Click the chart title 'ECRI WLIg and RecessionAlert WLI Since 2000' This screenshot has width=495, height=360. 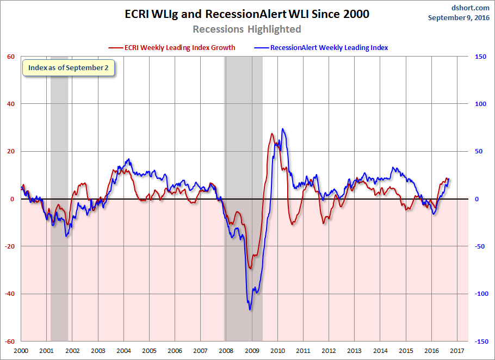247,14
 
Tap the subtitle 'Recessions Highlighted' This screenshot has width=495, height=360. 247,29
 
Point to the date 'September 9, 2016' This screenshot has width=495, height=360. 458,17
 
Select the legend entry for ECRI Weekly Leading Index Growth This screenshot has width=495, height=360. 172,47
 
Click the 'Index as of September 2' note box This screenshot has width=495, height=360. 69,69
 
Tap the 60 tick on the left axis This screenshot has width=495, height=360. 10,57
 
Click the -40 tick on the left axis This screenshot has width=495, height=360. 9,294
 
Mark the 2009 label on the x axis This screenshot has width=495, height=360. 251,351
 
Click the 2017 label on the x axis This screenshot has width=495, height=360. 456,351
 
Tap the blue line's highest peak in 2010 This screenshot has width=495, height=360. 282,129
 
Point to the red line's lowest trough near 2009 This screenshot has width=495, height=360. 250,268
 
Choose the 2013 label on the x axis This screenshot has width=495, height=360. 354,351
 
